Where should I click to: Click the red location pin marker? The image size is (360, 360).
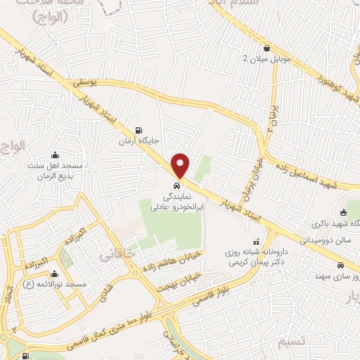click(x=181, y=165)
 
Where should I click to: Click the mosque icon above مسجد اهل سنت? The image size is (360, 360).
click(x=56, y=155)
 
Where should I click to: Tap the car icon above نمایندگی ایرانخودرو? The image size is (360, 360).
click(x=174, y=188)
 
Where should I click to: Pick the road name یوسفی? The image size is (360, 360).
click(x=83, y=83)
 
